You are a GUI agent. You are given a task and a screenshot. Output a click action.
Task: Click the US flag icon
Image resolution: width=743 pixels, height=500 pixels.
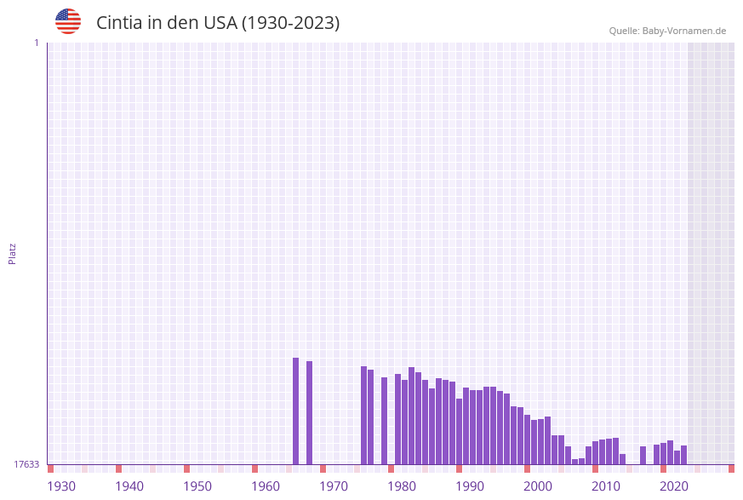[x=68, y=21]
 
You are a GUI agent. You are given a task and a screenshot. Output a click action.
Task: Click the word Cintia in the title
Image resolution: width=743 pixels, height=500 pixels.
[x=119, y=23]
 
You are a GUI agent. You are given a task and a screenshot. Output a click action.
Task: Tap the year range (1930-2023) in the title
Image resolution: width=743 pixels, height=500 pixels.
[x=290, y=23]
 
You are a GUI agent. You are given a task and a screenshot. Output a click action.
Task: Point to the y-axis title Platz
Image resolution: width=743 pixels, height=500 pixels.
[x=13, y=254]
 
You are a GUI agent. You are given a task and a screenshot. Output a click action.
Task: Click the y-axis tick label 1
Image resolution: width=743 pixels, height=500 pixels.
[x=36, y=43]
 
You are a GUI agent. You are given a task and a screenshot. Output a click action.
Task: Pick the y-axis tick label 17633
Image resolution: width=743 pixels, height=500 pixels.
[x=26, y=464]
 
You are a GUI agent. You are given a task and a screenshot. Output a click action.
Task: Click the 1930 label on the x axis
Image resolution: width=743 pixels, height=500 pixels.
[x=61, y=486]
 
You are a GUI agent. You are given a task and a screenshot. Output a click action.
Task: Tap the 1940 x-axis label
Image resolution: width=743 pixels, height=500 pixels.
[x=129, y=486]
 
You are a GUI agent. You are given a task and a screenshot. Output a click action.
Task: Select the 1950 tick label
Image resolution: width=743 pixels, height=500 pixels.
[x=197, y=486]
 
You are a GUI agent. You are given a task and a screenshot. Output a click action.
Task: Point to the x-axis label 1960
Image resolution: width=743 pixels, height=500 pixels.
[x=266, y=486]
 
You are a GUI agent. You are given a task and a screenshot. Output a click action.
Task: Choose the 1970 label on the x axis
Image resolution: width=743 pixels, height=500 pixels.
[x=334, y=486]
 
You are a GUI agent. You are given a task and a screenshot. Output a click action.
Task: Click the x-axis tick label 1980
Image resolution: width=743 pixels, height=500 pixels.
[x=402, y=486]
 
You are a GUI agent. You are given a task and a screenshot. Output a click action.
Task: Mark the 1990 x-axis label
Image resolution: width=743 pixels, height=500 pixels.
[x=470, y=486]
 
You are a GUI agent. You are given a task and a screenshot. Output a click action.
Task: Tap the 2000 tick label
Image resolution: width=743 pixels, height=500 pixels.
[x=538, y=486]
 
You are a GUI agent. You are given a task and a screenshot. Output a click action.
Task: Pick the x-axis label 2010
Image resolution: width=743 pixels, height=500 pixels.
[x=606, y=486]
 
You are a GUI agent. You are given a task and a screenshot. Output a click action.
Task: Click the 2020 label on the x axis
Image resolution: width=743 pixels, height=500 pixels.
[x=674, y=486]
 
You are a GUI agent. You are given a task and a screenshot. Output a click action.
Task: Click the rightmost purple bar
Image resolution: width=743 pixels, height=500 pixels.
[x=683, y=455]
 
